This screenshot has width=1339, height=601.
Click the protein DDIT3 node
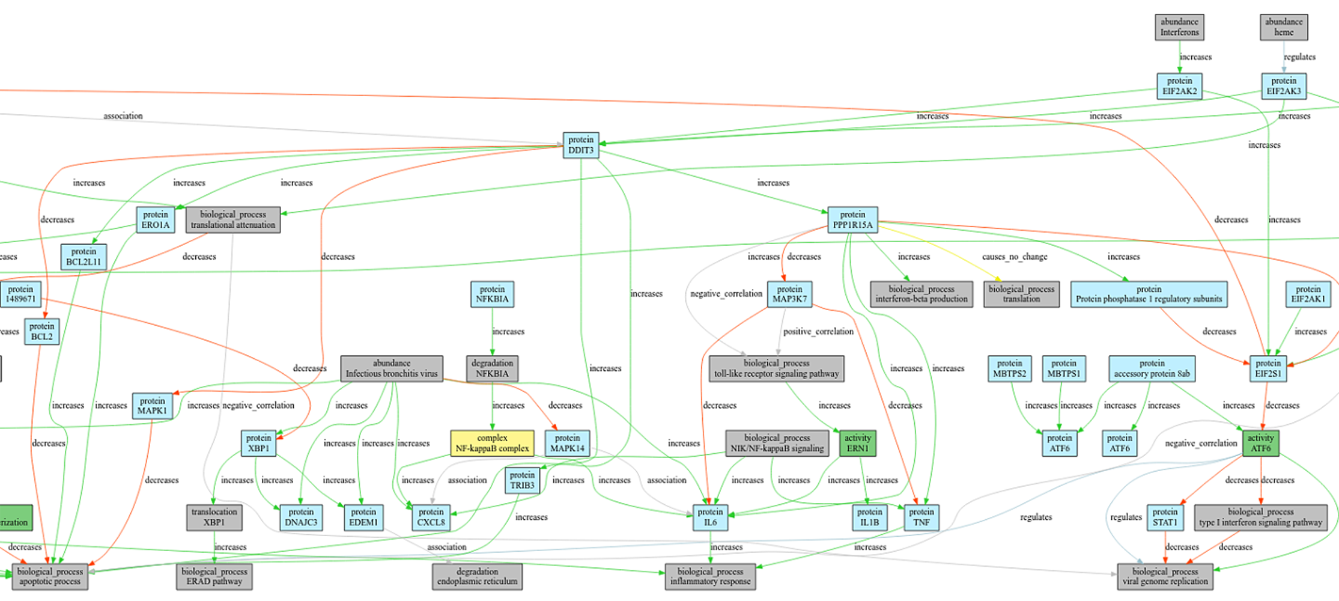click(580, 145)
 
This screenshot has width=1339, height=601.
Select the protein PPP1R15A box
click(852, 220)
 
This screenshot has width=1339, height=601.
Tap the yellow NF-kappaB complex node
click(492, 444)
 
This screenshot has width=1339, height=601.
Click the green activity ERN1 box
click(857, 444)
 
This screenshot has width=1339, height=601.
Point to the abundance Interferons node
click(1179, 27)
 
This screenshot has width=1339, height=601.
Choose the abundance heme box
click(1283, 27)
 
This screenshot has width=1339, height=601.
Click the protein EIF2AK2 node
click(1179, 86)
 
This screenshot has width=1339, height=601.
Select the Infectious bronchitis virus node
click(392, 368)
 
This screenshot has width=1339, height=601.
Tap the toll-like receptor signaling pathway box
click(776, 368)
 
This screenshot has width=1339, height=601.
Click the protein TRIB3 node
click(521, 480)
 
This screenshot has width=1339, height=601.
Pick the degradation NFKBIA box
click(492, 368)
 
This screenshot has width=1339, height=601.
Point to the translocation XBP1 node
click(214, 517)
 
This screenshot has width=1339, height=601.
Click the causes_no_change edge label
click(1014, 257)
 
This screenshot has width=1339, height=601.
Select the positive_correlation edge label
click(818, 332)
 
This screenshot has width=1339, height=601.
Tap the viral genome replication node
click(1165, 576)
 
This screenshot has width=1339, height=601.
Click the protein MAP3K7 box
click(789, 294)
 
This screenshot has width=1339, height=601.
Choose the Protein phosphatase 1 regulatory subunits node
click(1148, 294)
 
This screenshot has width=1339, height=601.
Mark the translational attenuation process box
click(233, 220)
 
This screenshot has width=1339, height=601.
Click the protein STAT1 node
click(1165, 517)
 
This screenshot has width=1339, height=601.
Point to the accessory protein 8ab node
click(1151, 368)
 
